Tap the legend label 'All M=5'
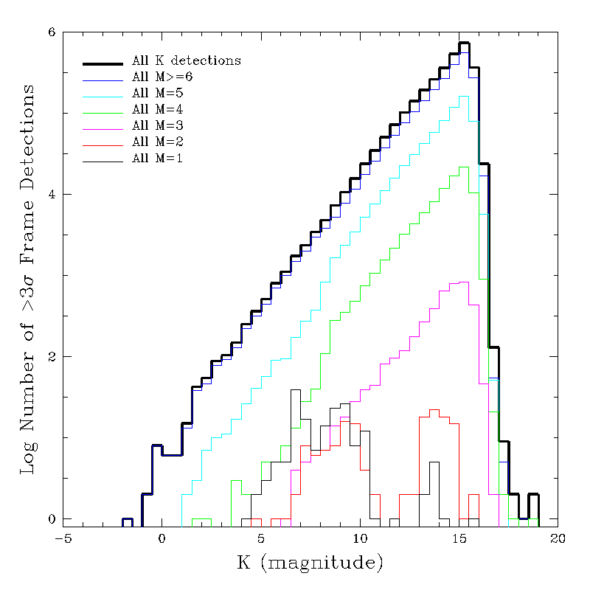pos(157,92)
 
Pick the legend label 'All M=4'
pos(157,108)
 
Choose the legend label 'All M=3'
pos(157,125)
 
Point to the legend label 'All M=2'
pos(157,141)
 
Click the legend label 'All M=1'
pos(157,157)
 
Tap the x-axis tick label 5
pos(261,539)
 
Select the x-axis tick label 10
pos(360,539)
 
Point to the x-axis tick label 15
pos(459,539)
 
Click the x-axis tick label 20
pos(558,539)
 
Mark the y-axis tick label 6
pos(52,33)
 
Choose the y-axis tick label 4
pos(52,195)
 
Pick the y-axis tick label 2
pos(52,357)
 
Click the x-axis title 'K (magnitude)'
pos(310,564)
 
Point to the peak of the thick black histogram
pos(464,43)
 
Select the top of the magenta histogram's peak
pos(464,282)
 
